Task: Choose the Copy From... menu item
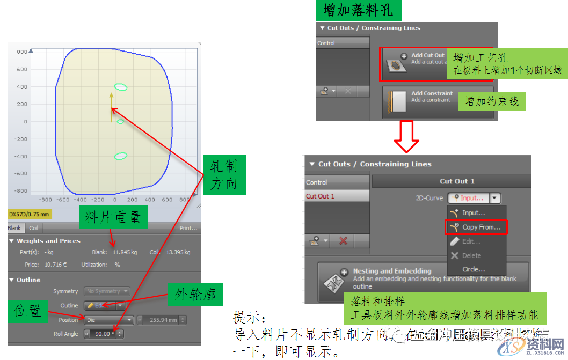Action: [x=476, y=227]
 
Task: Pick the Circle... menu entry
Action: [x=474, y=269]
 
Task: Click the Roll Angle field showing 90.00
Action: [x=103, y=334]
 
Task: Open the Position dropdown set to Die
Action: [x=109, y=320]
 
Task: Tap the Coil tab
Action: [x=33, y=228]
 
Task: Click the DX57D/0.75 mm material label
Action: [x=30, y=215]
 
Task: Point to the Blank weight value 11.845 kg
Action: [x=125, y=252]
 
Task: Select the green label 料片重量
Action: [x=113, y=217]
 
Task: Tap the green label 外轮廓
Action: [x=195, y=294]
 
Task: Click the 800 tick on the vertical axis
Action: [x=22, y=52]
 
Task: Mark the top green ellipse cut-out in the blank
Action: [x=121, y=87]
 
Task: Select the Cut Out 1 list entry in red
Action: [x=321, y=196]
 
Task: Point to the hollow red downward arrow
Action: [x=406, y=136]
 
